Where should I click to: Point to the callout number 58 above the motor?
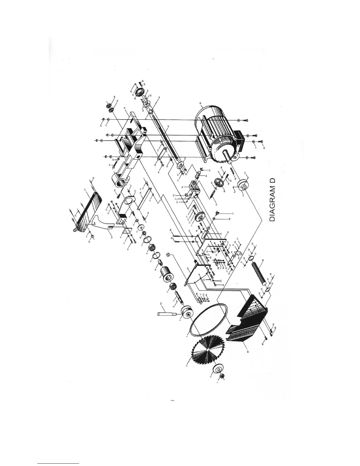click(x=201, y=104)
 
